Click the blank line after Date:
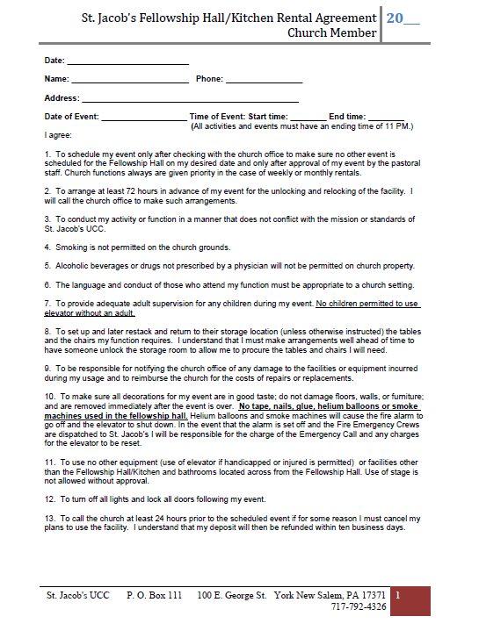[x=127, y=62]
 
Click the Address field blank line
[x=190, y=100]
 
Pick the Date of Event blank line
[x=144, y=118]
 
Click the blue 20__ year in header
[x=403, y=18]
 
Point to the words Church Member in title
[x=332, y=33]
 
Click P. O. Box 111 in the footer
[x=155, y=596]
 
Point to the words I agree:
[x=59, y=136]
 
